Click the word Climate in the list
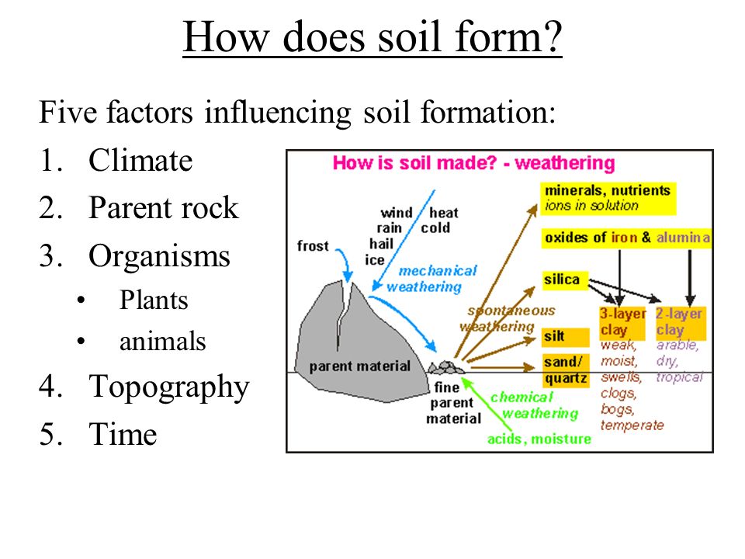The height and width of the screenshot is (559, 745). coord(140,160)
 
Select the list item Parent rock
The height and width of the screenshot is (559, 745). coord(164,208)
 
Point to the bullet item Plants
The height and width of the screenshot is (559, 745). coord(154,300)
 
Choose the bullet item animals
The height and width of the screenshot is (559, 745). coord(162,342)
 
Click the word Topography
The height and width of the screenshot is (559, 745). coord(168,387)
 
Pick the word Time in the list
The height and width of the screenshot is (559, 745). coord(123,434)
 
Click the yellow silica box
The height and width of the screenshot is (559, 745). coord(564,279)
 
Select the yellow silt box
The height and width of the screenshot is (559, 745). coord(566,337)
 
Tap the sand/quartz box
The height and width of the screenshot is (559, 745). coord(566,370)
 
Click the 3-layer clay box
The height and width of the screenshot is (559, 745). coord(622,323)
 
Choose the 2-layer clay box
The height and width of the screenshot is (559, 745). coord(681,323)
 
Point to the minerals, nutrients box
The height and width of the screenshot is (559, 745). coord(608,199)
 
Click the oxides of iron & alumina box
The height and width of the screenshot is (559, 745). coord(626,238)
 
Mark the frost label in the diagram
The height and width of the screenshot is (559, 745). coord(313,246)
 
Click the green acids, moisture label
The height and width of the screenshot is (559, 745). coord(539,439)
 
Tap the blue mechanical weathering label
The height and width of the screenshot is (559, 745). coord(430,279)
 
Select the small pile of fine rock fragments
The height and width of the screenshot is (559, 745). coord(446,367)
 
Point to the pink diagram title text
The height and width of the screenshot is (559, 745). coord(473,164)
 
